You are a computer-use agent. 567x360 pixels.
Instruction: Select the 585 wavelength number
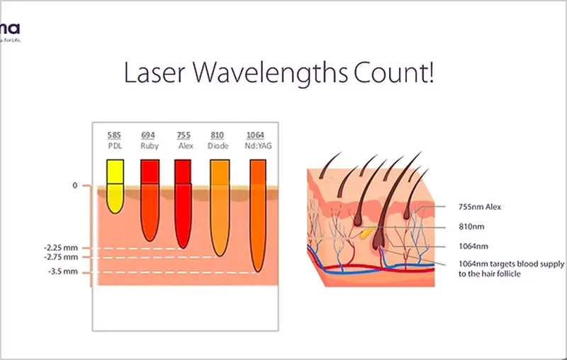[114, 135]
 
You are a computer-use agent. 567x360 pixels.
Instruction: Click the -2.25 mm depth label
[59, 248]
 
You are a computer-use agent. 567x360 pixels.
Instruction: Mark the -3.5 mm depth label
[61, 272]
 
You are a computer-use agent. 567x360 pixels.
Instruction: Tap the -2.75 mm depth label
[59, 257]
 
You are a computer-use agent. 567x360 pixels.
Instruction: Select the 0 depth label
[74, 186]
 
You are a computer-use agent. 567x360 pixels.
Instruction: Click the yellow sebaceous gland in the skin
[365, 231]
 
